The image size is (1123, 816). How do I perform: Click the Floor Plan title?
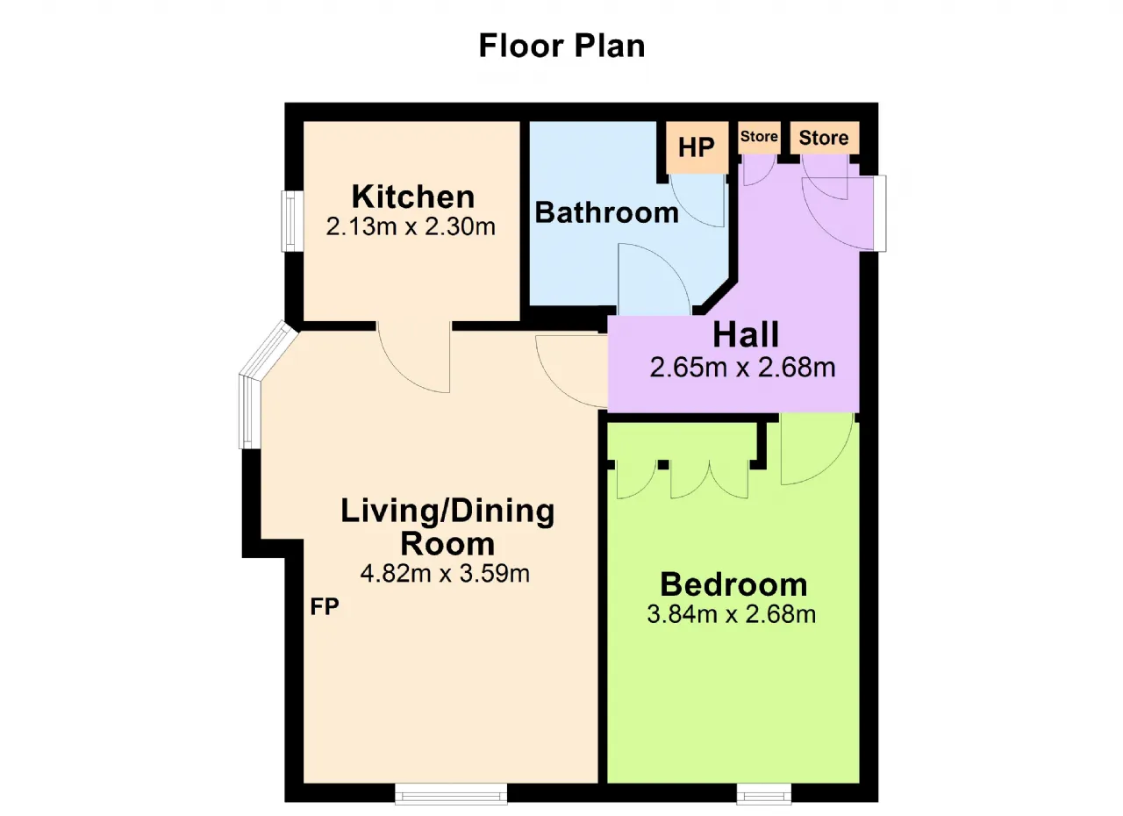pyautogui.click(x=561, y=47)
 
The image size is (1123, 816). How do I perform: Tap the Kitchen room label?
pyautogui.click(x=413, y=197)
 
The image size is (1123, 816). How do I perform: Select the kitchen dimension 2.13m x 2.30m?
pyautogui.click(x=411, y=226)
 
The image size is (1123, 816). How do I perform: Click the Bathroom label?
pyautogui.click(x=606, y=212)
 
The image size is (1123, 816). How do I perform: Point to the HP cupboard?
pyautogui.click(x=697, y=147)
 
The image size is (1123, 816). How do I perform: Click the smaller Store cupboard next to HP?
pyautogui.click(x=759, y=137)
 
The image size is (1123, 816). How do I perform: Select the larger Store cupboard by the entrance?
pyautogui.click(x=824, y=138)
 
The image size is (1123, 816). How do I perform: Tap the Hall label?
pyautogui.click(x=746, y=335)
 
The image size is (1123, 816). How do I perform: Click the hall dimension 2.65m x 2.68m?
pyautogui.click(x=742, y=368)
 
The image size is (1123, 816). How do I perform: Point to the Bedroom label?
pyautogui.click(x=733, y=584)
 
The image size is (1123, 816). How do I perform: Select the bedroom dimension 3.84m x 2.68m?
pyautogui.click(x=732, y=614)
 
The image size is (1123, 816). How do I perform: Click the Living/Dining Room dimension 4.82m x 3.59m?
pyautogui.click(x=445, y=574)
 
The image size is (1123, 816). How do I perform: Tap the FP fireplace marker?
pyautogui.click(x=325, y=606)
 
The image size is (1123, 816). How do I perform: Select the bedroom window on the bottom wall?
pyautogui.click(x=763, y=793)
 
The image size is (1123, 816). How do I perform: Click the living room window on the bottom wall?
pyautogui.click(x=451, y=793)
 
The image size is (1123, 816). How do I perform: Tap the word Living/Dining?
pyautogui.click(x=447, y=512)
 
